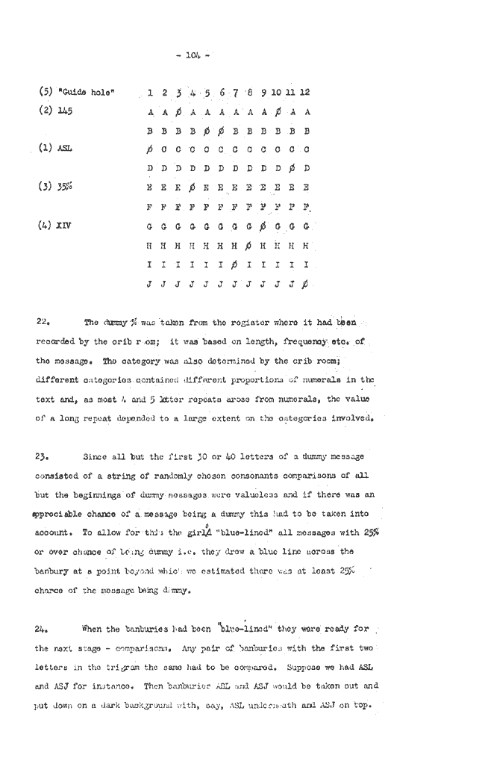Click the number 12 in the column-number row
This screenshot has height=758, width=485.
[x=305, y=93]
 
